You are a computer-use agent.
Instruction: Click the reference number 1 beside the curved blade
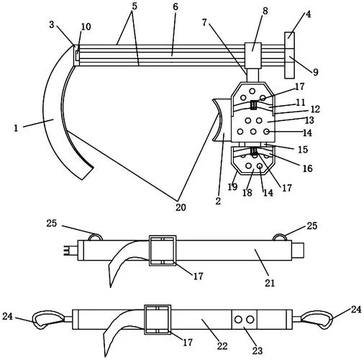[x=16, y=128]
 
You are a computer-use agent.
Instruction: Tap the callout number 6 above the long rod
[x=176, y=6]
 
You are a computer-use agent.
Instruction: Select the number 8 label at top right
[x=265, y=11]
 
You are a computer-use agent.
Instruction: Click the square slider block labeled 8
[x=252, y=55]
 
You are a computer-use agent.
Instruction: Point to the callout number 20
[x=181, y=207]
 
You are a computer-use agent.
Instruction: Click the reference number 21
[x=270, y=283]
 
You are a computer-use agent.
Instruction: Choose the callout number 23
[x=258, y=351]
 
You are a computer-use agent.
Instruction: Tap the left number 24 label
[x=7, y=316]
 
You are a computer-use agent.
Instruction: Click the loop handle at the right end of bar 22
[x=317, y=320]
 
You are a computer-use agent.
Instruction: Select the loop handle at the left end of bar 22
[x=48, y=320]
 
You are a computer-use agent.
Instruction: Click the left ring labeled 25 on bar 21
[x=96, y=237]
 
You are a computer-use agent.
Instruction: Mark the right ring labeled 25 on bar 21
[x=280, y=237]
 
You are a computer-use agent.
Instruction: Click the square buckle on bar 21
[x=163, y=251]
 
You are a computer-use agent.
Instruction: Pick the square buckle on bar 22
[x=158, y=320]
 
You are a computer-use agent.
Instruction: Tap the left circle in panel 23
[x=238, y=320]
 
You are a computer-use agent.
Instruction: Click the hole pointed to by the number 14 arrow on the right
[x=266, y=132]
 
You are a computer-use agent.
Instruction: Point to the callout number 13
[x=309, y=120]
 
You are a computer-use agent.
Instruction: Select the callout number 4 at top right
[x=309, y=14]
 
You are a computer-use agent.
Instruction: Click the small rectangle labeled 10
[x=77, y=55]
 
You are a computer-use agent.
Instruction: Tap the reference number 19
[x=232, y=186]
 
